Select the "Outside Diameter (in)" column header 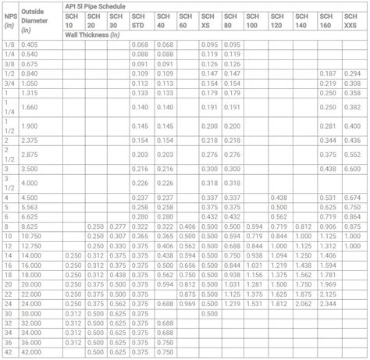pos(34,21)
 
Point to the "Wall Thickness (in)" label pos(93,35)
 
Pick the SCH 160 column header pos(329,21)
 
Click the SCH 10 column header pos(72,21)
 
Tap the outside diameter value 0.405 pos(31,45)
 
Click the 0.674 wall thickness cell pos(353,198)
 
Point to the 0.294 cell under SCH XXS pos(353,73)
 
